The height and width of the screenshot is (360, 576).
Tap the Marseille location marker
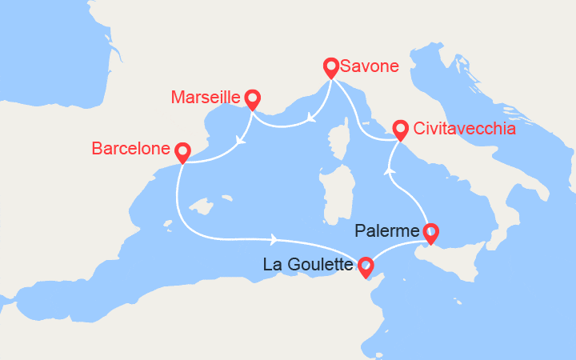tap(253, 98)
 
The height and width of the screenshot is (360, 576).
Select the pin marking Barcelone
tap(182, 150)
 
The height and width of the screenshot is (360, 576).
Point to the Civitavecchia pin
tap(400, 129)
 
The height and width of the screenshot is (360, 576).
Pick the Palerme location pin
tap(431, 233)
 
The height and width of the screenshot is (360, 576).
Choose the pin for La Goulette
tap(365, 266)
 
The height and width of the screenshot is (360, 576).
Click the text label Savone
tap(369, 66)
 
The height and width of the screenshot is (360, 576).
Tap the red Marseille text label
tap(206, 98)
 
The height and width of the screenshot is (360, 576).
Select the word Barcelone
tap(130, 149)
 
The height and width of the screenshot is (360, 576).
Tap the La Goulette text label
tap(309, 264)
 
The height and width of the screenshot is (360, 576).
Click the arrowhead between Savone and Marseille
tap(309, 122)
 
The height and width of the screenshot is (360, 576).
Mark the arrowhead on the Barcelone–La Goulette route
tap(274, 239)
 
